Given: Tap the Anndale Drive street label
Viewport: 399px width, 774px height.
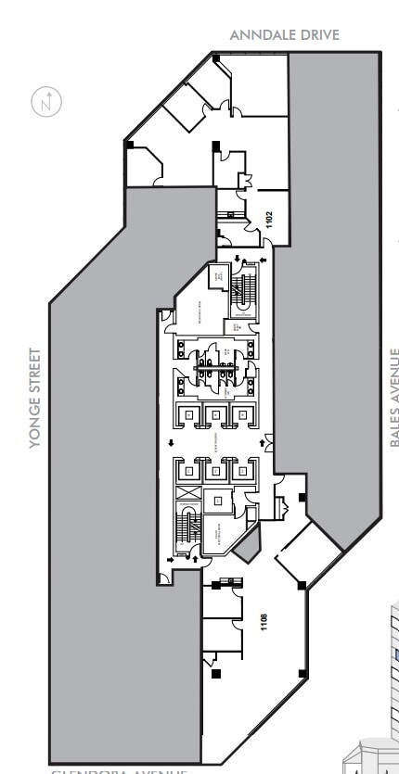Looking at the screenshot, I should pyautogui.click(x=285, y=35).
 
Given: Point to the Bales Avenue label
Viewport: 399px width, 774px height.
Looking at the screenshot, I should pyautogui.click(x=394, y=399).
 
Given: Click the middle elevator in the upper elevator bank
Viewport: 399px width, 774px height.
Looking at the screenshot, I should pyautogui.click(x=214, y=415).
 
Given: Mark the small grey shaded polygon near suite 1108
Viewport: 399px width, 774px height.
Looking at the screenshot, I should pyautogui.click(x=246, y=548).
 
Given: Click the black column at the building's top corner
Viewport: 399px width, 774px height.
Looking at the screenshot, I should pyautogui.click(x=216, y=58).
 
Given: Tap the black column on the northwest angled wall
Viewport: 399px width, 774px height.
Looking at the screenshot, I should pyautogui.click(x=130, y=145).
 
